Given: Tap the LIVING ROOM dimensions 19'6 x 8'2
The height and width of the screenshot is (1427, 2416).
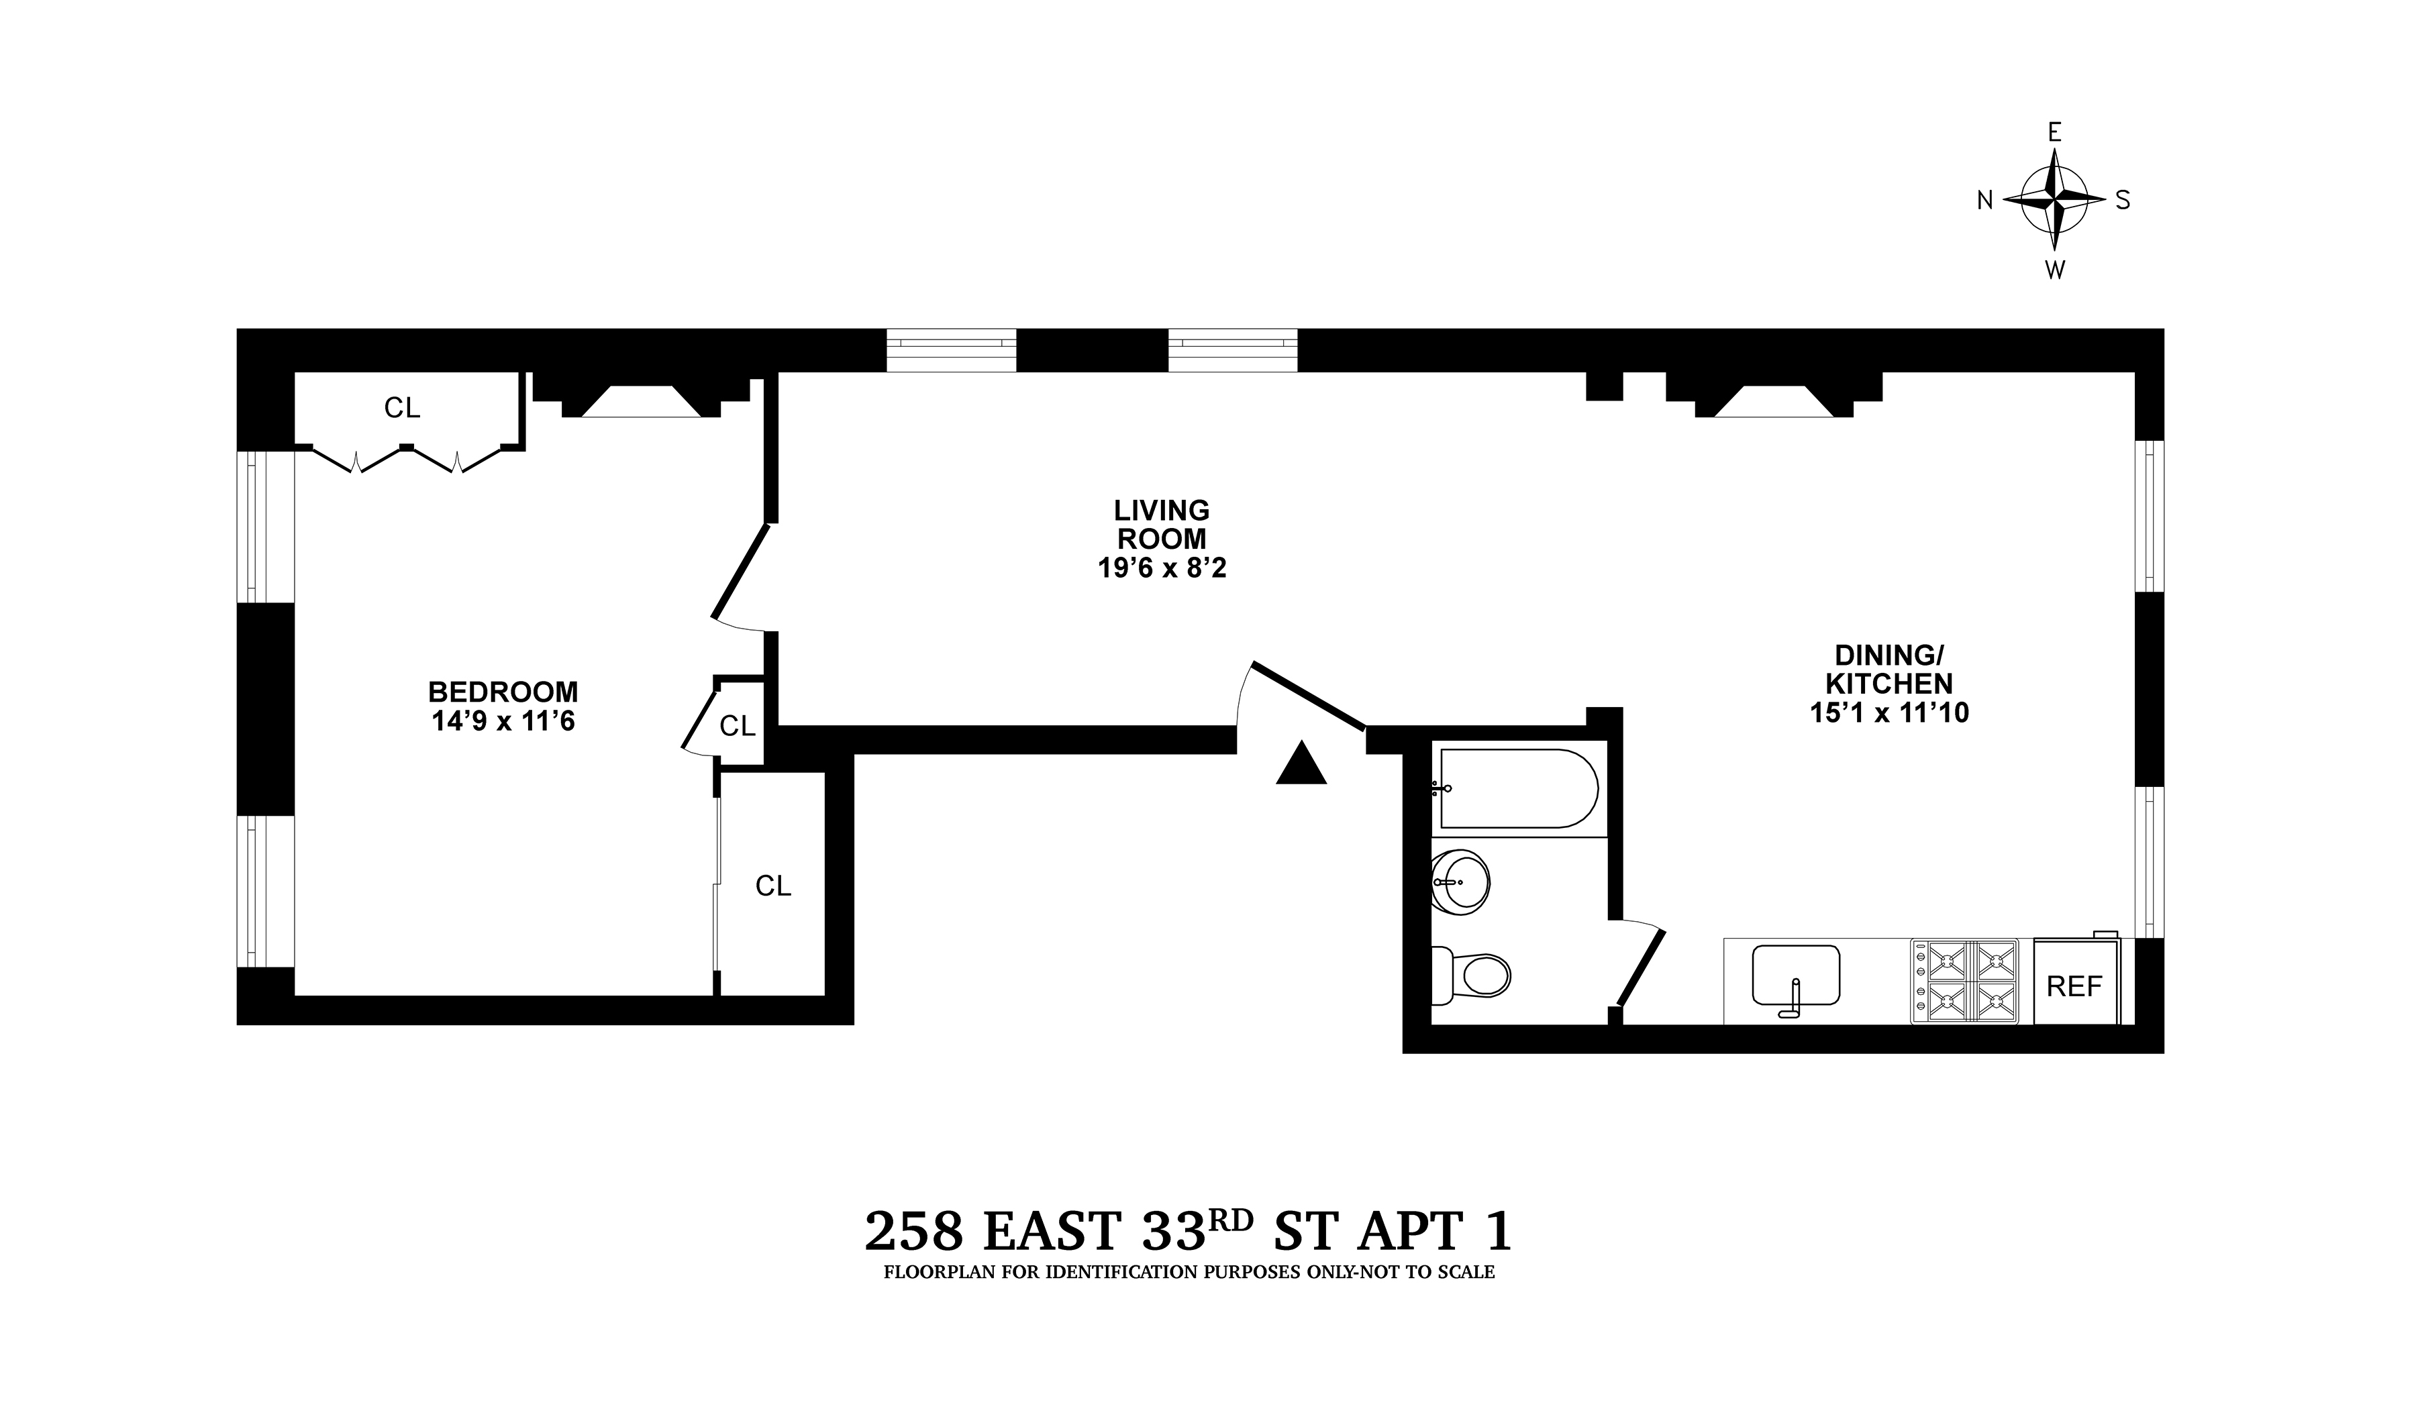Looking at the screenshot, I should click(x=1162, y=568).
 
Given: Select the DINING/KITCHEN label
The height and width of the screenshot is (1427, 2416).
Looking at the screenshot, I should click(x=1889, y=670).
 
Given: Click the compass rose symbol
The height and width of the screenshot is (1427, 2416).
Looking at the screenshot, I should click(x=2054, y=200).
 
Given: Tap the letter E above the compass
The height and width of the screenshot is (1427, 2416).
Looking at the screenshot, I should click(x=2054, y=133).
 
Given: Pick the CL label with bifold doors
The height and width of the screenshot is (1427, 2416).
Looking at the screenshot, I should click(x=402, y=408).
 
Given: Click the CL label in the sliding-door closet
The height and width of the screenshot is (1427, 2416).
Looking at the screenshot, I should click(x=773, y=886).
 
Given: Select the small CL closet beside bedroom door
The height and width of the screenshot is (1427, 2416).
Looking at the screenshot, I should click(x=738, y=726).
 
